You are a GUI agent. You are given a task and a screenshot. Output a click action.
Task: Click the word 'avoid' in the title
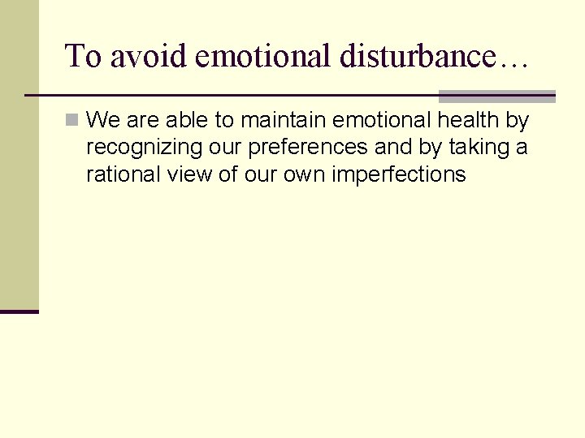[149, 56]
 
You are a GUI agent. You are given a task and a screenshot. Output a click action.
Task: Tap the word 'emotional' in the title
[262, 56]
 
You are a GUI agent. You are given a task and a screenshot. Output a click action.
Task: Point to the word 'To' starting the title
[84, 56]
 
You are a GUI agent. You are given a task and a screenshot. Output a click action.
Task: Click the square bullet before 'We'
[72, 121]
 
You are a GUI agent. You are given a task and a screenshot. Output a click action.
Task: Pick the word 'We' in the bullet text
[102, 121]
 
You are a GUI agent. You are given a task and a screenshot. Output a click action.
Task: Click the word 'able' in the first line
[189, 121]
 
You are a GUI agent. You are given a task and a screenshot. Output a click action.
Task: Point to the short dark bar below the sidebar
[19, 311]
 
